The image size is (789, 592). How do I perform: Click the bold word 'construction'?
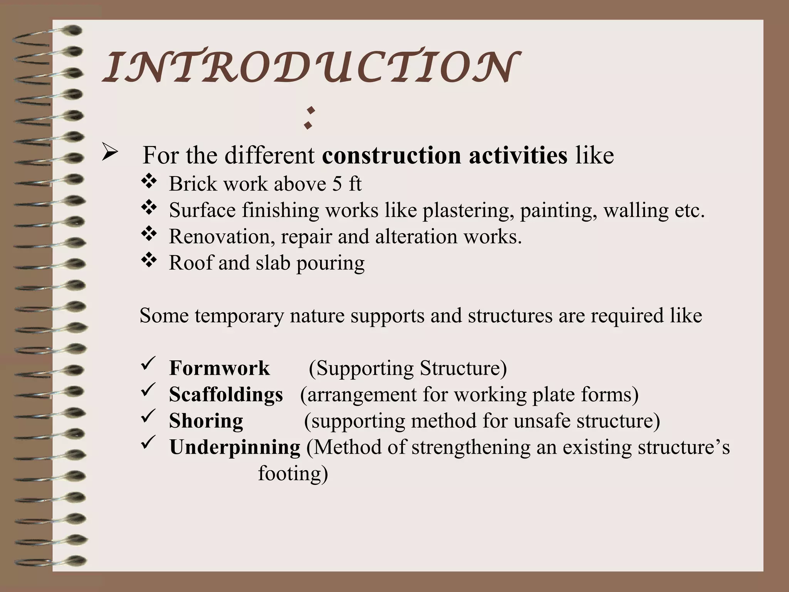[x=391, y=156]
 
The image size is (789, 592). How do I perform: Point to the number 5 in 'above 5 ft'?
[x=337, y=184]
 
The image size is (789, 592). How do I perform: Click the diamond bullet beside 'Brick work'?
[x=149, y=182]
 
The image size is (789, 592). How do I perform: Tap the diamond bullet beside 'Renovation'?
[x=149, y=234]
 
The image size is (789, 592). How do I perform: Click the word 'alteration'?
[x=416, y=236]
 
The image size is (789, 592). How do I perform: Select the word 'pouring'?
[x=330, y=264]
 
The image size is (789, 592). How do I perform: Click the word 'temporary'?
[x=239, y=316]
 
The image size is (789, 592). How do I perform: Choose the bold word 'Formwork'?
[x=219, y=368]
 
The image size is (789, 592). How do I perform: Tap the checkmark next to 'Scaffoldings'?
[x=148, y=390]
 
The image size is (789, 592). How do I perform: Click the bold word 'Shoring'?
[x=206, y=421]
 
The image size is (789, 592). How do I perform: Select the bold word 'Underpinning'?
[x=235, y=447]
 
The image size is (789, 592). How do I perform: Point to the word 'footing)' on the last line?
[x=293, y=473]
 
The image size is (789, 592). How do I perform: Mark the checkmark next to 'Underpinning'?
[x=148, y=443]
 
